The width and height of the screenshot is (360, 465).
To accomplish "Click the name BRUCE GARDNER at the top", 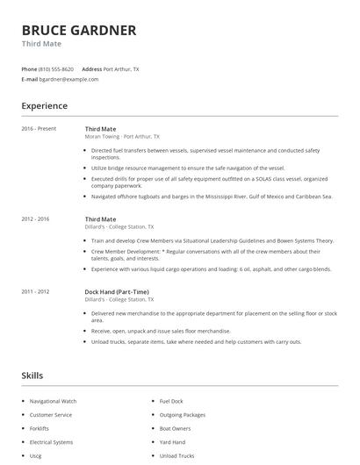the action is click(78, 30).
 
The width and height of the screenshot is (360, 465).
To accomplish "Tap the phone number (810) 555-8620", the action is click(57, 68).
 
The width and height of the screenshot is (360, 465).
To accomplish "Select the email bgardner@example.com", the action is click(68, 79).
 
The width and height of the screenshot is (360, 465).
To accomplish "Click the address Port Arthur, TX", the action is click(120, 68).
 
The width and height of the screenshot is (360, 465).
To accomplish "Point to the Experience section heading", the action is click(44, 106).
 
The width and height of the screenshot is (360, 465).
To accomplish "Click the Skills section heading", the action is click(32, 376).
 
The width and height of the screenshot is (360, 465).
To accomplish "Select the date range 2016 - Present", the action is click(39, 129).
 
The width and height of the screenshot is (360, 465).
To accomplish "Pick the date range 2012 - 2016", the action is click(36, 218).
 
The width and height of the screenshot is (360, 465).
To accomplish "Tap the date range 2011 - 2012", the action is click(36, 290).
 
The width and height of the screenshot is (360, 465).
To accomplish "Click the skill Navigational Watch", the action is click(53, 401).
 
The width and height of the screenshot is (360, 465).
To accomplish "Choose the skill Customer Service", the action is click(51, 414).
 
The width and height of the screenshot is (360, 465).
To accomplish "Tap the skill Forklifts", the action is click(40, 428).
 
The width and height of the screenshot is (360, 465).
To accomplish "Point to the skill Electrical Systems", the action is click(51, 442).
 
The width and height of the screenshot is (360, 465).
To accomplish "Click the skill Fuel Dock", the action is click(170, 401).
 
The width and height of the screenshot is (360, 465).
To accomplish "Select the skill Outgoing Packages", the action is click(182, 414).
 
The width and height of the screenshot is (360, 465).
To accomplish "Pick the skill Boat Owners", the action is click(175, 428).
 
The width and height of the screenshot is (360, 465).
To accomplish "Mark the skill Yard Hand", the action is click(172, 442).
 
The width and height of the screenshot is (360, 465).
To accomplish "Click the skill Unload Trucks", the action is click(176, 456).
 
